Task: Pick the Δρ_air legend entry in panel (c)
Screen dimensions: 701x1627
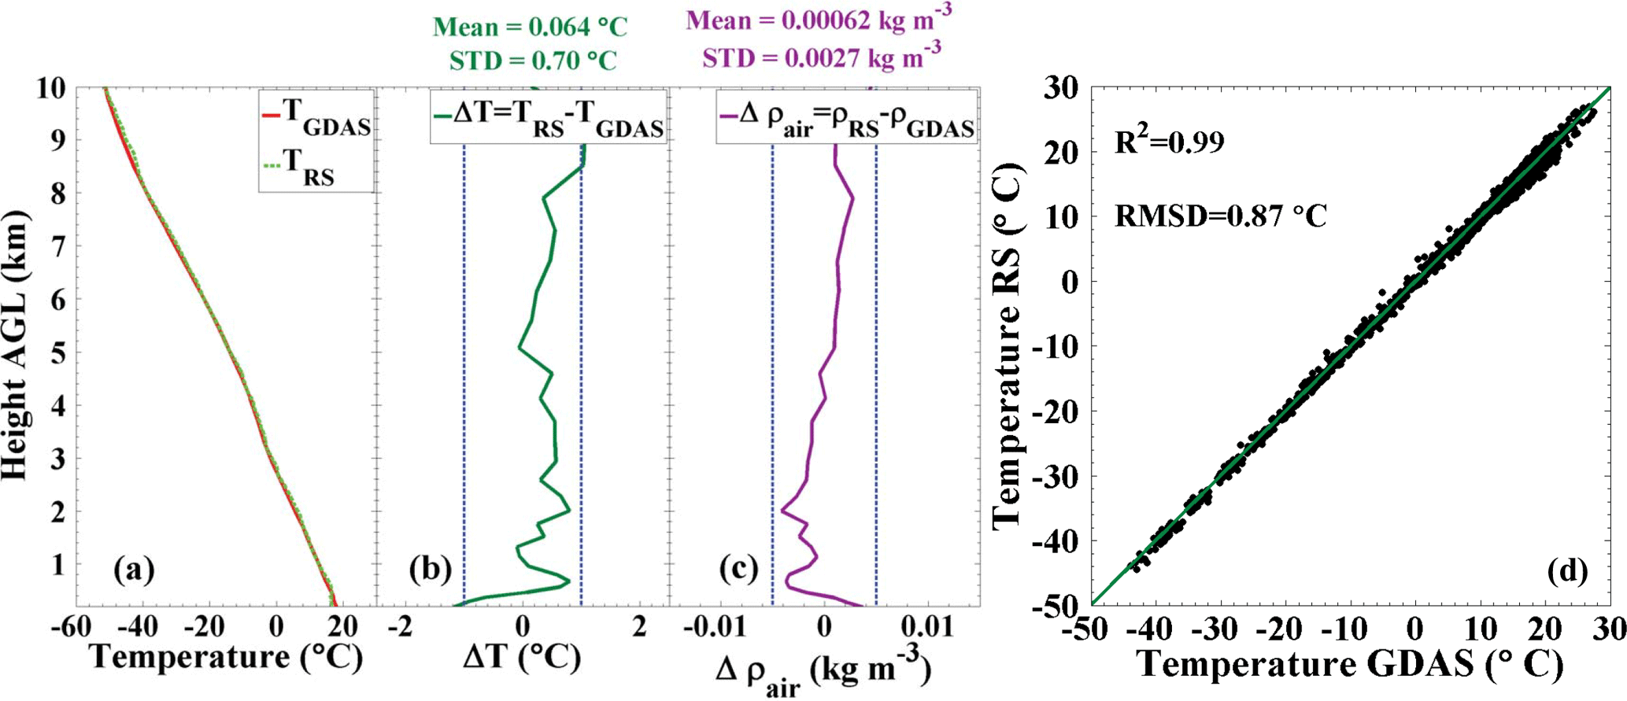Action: point(847,119)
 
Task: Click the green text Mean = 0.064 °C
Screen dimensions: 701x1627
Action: point(530,27)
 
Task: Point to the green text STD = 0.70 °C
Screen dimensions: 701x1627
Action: point(533,60)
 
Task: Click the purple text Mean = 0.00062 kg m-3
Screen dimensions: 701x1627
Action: point(819,19)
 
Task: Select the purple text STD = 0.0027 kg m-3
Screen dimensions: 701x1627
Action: point(821,57)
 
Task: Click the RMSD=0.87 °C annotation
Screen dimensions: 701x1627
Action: point(1221,215)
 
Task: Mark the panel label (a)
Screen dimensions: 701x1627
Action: point(134,568)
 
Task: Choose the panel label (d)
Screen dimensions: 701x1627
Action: point(1566,570)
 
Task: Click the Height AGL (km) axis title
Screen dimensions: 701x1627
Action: point(16,345)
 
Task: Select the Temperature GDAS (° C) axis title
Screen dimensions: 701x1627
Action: point(1350,665)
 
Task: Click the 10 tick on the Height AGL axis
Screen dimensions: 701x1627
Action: point(52,88)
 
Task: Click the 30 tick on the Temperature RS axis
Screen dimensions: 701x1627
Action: point(1061,88)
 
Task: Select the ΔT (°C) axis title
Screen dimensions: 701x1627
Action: point(522,657)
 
